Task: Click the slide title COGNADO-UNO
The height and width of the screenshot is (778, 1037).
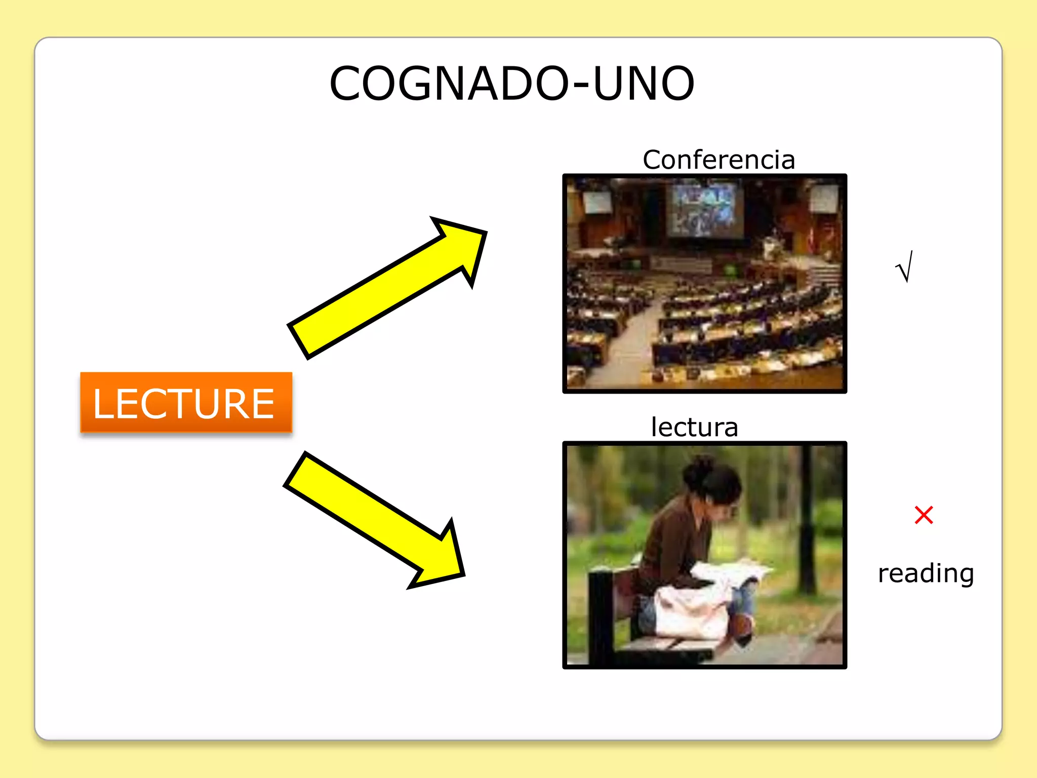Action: tap(511, 84)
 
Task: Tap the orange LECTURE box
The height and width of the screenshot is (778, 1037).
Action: tap(186, 403)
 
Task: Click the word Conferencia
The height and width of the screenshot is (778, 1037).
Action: tap(719, 160)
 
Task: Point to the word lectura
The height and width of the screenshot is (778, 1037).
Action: tap(694, 427)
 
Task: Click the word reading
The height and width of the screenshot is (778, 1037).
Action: tap(926, 573)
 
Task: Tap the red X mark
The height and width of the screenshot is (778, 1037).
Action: tap(924, 515)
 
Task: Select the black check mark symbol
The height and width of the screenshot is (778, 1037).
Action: tap(904, 266)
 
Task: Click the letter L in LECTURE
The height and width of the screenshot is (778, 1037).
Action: tap(104, 404)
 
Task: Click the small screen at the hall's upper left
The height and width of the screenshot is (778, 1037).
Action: tap(597, 202)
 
